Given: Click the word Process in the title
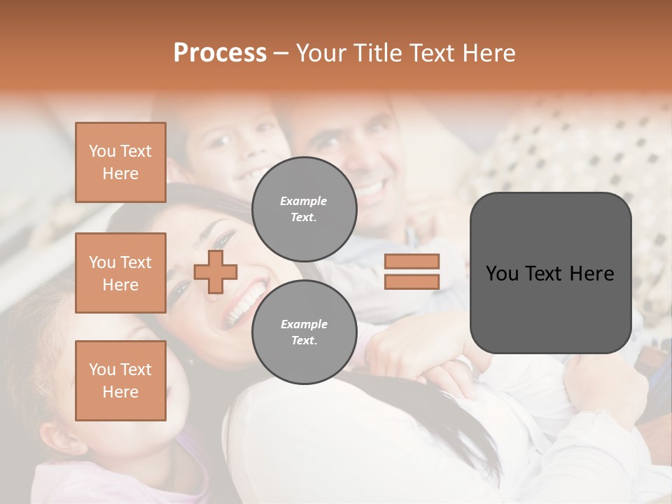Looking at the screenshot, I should click(220, 53).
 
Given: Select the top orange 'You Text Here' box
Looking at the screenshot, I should click(120, 162).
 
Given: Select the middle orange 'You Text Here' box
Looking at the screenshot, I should click(120, 273).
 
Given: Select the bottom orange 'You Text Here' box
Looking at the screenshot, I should click(120, 380).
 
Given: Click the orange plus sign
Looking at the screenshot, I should click(216, 272).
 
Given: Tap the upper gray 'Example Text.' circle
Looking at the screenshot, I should click(304, 209).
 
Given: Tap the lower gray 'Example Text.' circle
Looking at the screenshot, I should click(304, 332).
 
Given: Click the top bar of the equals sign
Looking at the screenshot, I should click(412, 261).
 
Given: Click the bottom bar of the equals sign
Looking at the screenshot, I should click(412, 281).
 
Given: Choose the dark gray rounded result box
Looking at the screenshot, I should click(550, 273).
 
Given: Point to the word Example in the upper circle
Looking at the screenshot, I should click(304, 201).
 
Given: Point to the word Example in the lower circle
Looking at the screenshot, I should click(304, 324).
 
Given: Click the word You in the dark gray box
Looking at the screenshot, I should click(503, 274).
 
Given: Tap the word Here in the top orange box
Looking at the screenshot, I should click(120, 174).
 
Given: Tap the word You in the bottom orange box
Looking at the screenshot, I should click(102, 369).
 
